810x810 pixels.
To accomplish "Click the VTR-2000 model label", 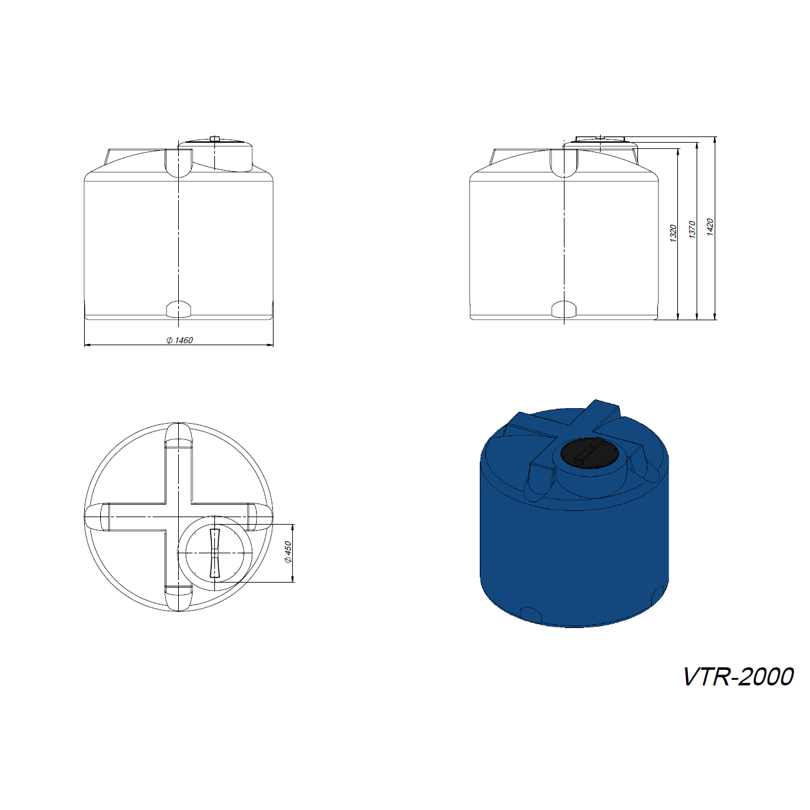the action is (738, 676).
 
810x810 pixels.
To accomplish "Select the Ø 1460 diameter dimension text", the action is (179, 340).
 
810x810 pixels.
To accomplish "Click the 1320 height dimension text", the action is (673, 233).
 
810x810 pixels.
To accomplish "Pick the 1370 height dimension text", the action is (692, 229).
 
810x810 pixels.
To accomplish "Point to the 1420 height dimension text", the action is (710, 227).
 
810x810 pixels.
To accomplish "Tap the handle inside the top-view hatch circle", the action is (215, 553).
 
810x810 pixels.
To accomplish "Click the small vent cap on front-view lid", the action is (215, 139).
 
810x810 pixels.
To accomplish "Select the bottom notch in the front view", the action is (179, 309).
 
